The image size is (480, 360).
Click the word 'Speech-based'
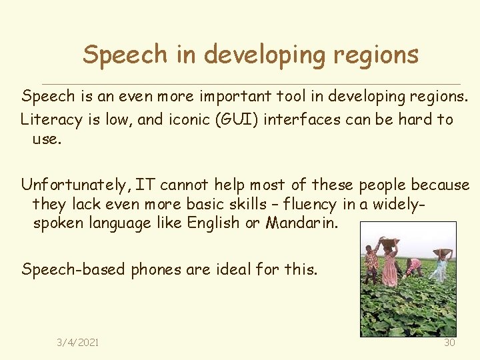pos(74,269)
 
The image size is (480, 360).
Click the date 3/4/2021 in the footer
pos(78,342)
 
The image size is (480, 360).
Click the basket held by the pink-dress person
pos(390,242)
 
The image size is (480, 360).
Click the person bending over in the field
pos(414,267)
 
